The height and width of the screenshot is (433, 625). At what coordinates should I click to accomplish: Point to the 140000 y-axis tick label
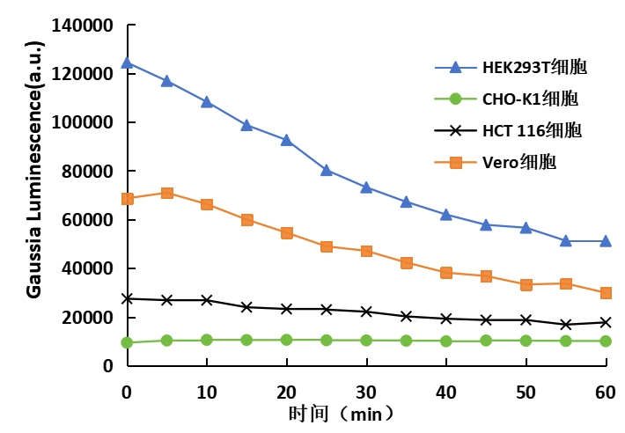tap(84, 26)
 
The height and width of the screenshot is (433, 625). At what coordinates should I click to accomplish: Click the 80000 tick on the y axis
tap(89, 172)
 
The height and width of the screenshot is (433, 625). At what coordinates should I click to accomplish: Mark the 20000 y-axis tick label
tap(89, 317)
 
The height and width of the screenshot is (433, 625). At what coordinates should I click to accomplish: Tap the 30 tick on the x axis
tap(366, 390)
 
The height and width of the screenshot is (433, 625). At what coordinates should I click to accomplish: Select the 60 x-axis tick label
tap(606, 390)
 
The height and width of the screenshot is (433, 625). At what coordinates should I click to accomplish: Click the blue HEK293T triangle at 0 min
tap(127, 62)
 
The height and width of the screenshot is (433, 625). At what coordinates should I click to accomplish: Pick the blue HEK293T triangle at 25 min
tap(327, 170)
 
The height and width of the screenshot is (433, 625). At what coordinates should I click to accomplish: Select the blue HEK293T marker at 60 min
tap(606, 241)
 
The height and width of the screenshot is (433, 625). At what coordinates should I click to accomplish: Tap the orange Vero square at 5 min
tap(166, 193)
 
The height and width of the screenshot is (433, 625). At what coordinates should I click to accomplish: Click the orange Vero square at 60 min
tap(606, 293)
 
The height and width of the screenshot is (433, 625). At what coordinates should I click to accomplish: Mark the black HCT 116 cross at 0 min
tap(127, 298)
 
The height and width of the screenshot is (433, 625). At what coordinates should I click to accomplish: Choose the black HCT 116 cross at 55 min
tap(566, 324)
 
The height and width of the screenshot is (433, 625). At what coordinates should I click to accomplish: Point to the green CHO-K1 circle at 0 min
tap(127, 342)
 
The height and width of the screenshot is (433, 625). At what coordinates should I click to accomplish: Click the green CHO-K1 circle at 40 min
tap(446, 341)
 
